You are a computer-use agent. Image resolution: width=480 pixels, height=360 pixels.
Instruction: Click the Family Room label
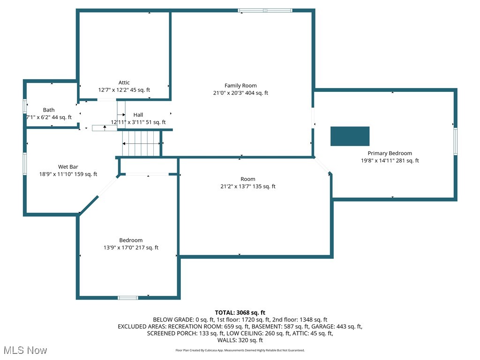[240, 85]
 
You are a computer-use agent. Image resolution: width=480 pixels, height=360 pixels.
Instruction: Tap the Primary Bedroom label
[390, 153]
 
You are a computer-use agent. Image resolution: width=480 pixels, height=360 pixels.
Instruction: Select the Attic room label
[124, 82]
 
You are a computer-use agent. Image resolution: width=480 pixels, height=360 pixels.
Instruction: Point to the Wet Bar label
[68, 166]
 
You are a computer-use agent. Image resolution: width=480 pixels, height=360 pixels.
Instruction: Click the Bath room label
[49, 110]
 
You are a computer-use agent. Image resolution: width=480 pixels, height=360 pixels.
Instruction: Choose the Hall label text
[138, 115]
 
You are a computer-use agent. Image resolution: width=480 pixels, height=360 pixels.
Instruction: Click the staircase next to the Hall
[141, 143]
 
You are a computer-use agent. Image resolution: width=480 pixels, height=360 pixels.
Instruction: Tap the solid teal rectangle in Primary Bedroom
[350, 136]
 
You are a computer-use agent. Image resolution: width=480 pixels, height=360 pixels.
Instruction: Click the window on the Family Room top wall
[265, 10]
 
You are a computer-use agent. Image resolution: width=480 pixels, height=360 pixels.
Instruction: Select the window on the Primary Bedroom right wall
[455, 142]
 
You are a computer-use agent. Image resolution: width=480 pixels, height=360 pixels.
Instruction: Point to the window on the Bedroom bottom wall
[127, 297]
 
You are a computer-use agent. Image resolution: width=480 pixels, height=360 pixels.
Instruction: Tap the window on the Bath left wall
[25, 105]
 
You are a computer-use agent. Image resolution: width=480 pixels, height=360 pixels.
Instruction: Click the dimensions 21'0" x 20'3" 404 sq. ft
[240, 93]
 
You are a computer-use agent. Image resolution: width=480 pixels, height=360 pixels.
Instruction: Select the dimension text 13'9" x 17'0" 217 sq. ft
[131, 247]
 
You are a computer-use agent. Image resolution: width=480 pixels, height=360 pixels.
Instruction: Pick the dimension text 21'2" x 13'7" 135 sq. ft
[248, 186]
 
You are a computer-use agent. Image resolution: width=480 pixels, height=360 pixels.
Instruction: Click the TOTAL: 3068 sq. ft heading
[240, 312]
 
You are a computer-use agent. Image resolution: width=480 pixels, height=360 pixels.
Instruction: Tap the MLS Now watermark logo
[25, 350]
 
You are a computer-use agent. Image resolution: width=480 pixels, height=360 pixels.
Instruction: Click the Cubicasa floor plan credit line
[240, 350]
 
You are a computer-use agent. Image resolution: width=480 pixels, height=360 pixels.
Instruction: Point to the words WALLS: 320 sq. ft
[240, 340]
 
